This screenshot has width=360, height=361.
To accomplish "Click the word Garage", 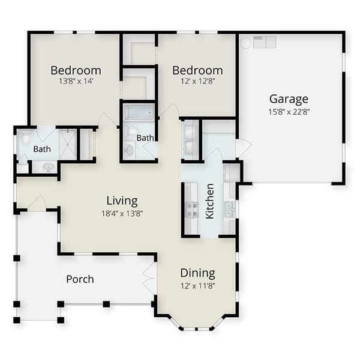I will (289, 99).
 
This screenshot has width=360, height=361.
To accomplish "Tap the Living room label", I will (122, 201).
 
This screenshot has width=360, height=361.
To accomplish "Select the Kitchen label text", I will (210, 201).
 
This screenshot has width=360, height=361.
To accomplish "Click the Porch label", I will (80, 279).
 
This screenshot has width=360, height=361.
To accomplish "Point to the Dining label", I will (197, 273).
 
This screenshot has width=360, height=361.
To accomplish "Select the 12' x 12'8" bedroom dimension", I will (197, 81).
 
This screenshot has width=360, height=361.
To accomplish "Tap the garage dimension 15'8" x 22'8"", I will (289, 111).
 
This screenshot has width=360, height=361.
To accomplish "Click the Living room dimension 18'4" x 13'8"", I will (122, 213).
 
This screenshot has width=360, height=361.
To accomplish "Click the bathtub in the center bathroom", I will (139, 112).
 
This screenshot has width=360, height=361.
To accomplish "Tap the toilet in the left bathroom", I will (26, 139).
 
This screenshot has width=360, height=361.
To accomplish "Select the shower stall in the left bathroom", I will (67, 142).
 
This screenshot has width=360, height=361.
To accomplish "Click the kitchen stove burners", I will (192, 209).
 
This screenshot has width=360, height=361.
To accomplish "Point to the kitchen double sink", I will (229, 209).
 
